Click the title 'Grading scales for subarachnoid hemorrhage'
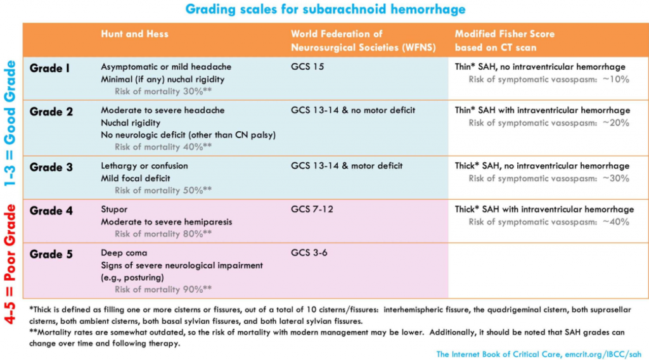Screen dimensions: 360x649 pyautogui.click(x=325, y=10)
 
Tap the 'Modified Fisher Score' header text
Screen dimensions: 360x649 pyautogui.click(x=505, y=34)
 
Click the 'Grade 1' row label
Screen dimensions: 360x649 pyautogui.click(x=49, y=68)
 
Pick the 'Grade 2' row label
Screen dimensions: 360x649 pyautogui.click(x=51, y=112)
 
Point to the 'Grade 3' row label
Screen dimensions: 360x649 pyautogui.click(x=51, y=167)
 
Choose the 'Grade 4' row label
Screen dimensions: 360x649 pyautogui.click(x=51, y=210)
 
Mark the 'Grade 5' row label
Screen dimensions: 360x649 pyautogui.click(x=51, y=254)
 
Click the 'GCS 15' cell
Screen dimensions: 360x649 pyautogui.click(x=307, y=67)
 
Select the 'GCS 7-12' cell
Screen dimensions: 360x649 pyautogui.click(x=312, y=209)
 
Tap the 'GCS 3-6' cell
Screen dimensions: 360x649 pyautogui.click(x=309, y=252)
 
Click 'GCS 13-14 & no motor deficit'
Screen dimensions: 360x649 pyautogui.click(x=353, y=110)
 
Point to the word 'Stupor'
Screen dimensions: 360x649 pyautogui.click(x=114, y=209)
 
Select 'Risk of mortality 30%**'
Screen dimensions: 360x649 pyautogui.click(x=163, y=91)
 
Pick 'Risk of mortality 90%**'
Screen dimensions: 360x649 pyautogui.click(x=163, y=289)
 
